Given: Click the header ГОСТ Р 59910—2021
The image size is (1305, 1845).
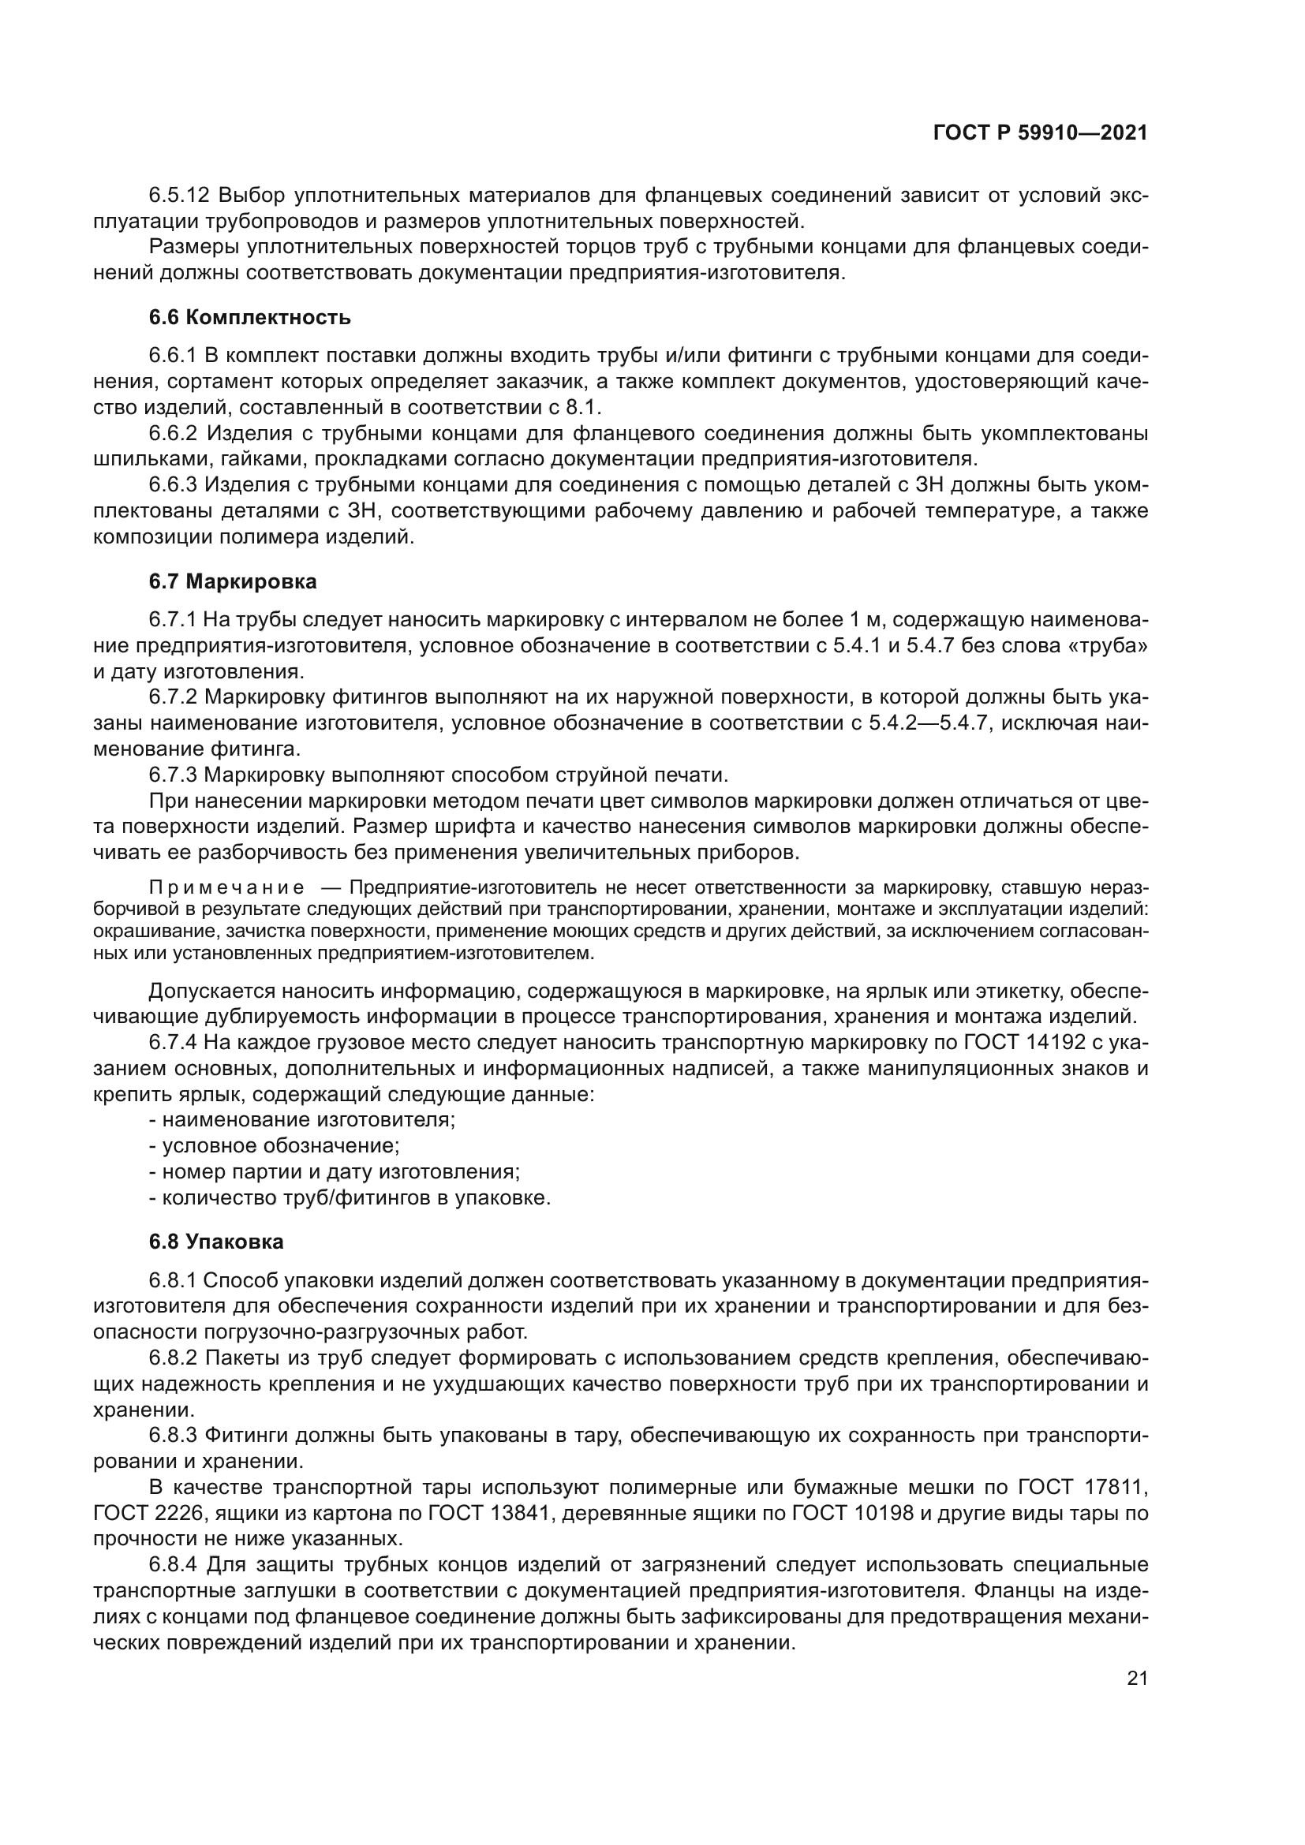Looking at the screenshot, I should pos(1040,133).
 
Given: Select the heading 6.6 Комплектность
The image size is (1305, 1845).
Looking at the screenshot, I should pos(250,317).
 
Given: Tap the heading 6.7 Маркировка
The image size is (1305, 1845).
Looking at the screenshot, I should pos(233,581).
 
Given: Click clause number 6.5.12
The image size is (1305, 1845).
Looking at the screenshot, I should pos(179,196).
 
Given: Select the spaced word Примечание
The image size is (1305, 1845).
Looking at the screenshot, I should pos(227,888).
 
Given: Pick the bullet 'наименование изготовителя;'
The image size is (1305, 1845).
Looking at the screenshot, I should pos(308,1120).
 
